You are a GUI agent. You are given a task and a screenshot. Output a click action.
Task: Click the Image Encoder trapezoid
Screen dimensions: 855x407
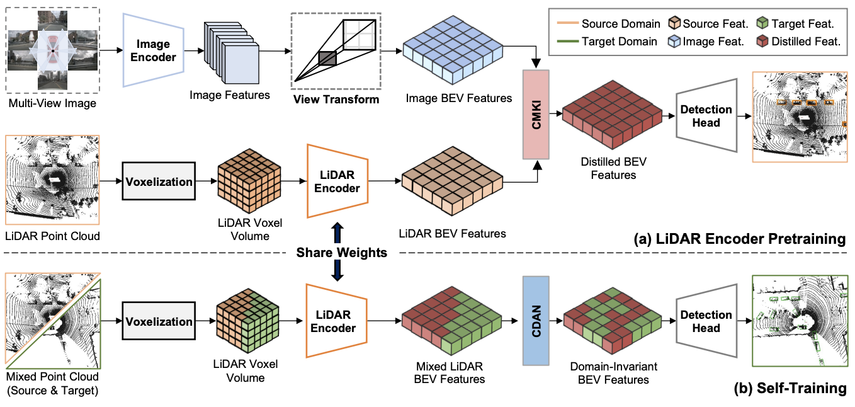[153, 50]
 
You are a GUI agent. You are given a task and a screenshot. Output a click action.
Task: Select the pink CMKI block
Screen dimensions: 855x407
[536, 114]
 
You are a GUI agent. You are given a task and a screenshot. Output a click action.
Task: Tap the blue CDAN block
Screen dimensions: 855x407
[536, 321]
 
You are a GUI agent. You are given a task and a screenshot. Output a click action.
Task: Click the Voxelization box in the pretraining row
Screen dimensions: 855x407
[159, 181]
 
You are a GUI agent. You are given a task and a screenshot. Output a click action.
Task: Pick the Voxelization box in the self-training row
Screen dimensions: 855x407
[159, 321]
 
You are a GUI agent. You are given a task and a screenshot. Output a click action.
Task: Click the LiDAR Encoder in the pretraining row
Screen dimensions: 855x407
[337, 181]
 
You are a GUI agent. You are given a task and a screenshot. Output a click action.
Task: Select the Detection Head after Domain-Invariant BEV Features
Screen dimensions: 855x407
[706, 321]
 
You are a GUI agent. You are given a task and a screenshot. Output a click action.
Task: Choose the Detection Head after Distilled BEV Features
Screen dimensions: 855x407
[706, 115]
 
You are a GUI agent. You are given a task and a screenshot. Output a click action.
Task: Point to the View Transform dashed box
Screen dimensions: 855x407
[336, 51]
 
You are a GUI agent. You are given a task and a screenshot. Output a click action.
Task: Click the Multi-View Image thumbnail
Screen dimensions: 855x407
[53, 50]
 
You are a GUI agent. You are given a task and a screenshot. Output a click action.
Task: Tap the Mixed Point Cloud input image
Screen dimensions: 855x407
[53, 320]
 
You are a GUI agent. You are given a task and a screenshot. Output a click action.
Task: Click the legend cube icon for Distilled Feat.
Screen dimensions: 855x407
[762, 41]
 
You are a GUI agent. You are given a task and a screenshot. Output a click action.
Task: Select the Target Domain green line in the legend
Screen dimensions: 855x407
[568, 41]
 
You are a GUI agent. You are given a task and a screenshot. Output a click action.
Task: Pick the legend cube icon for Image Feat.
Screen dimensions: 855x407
[674, 41]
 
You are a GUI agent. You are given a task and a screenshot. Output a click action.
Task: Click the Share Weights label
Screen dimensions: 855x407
[342, 253]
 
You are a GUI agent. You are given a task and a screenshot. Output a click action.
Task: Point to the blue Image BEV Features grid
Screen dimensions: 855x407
[453, 50]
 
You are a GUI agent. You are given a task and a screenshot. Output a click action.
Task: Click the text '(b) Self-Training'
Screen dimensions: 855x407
[790, 388]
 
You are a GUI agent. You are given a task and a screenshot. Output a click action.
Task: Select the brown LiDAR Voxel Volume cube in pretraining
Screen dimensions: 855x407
[249, 181]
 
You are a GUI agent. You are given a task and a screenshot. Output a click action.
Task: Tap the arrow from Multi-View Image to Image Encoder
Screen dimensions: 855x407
[111, 50]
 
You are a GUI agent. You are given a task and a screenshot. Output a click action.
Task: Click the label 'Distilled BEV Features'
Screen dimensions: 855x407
[613, 168]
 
